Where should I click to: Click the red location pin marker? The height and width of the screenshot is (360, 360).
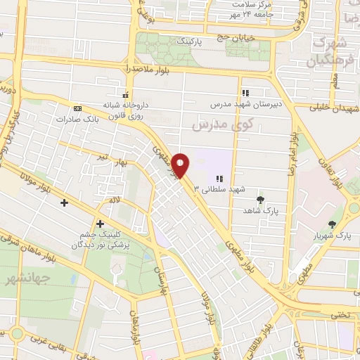(x=181, y=165)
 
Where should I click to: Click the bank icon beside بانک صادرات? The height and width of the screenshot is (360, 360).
(x=77, y=108)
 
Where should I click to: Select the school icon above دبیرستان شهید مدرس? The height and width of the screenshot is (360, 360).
(x=245, y=93)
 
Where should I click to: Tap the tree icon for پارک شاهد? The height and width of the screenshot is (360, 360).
(x=261, y=200)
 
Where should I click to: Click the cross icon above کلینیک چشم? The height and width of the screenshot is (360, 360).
(x=101, y=224)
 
